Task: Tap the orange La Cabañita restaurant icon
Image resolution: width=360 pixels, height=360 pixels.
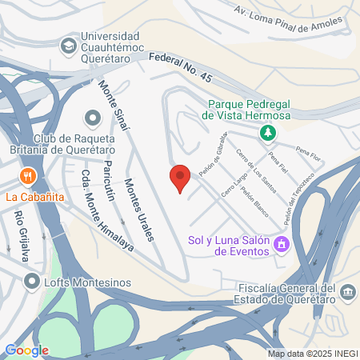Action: coord(28,176)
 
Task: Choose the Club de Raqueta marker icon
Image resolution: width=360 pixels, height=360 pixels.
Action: coord(94,120)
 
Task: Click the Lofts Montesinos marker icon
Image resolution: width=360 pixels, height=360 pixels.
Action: coord(32,281)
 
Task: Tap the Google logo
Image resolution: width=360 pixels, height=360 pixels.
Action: coord(26,350)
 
